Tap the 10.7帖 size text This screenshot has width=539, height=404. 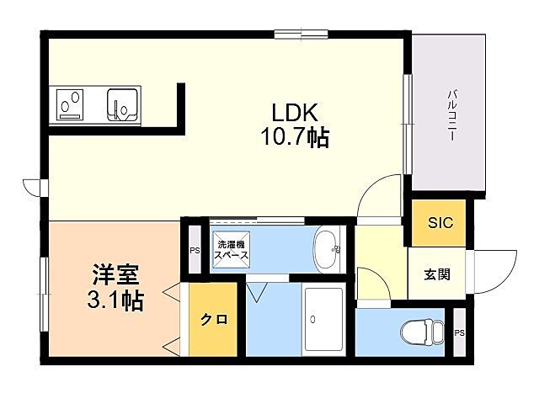[x=293, y=137]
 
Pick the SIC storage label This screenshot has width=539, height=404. [x=440, y=223]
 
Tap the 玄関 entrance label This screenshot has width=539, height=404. [x=435, y=274]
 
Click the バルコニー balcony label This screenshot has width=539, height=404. [x=451, y=114]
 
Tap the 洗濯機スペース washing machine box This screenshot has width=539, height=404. [x=230, y=247]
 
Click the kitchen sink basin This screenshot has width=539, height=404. [x=121, y=104]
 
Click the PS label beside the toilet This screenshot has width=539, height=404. [x=459, y=332]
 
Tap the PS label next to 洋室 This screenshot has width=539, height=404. [x=194, y=250]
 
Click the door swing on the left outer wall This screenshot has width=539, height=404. [x=32, y=186]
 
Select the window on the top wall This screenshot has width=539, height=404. [x=301, y=34]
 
